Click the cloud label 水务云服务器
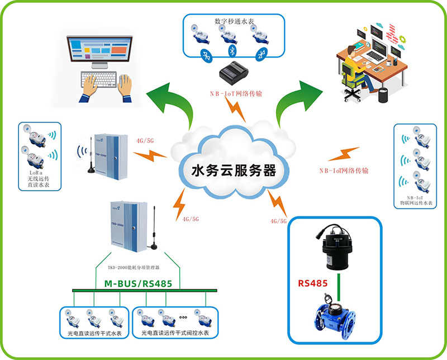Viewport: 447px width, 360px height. pos(234,169)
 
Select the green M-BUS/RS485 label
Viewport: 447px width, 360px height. pos(138,283)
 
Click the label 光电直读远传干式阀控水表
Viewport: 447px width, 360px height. pos(175,334)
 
